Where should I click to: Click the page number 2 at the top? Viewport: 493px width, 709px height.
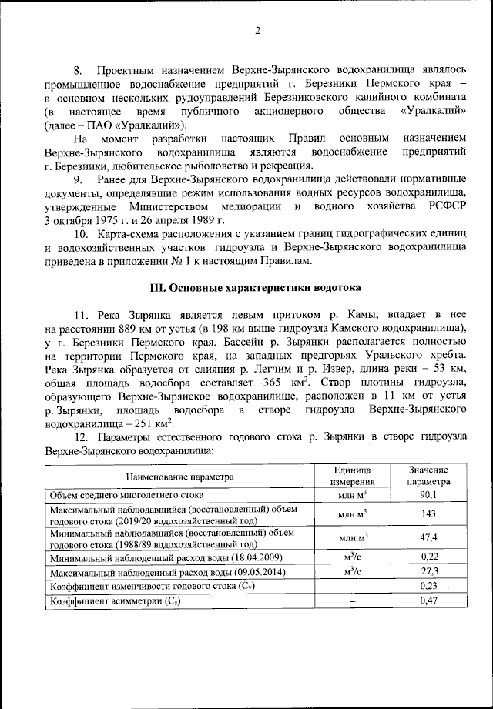(257, 31)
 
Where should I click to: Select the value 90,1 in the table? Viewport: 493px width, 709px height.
(428, 494)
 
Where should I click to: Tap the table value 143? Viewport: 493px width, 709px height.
(428, 513)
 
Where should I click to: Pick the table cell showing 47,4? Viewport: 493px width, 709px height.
(428, 537)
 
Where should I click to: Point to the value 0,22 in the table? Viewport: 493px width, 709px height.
(428, 557)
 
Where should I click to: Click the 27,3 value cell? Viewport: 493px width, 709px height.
(428, 573)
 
